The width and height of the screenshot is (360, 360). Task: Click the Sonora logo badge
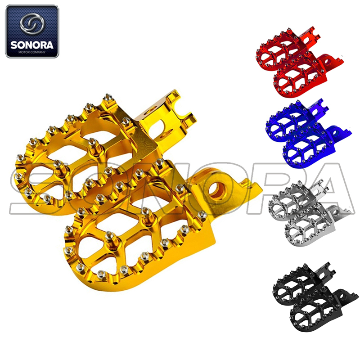pyautogui.click(x=32, y=31)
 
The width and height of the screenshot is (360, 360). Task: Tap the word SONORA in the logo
pyautogui.click(x=32, y=45)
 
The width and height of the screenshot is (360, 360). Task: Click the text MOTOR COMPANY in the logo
pyautogui.click(x=32, y=53)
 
